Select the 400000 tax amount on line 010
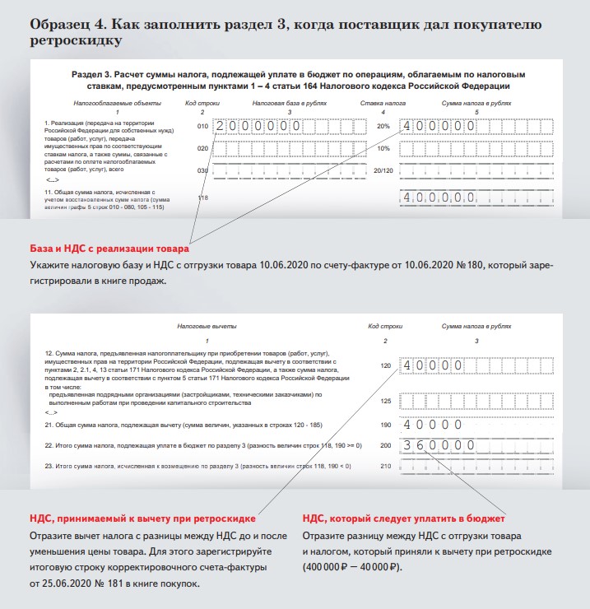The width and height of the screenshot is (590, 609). coord(437,127)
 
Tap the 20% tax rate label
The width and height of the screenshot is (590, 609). coord(382,127)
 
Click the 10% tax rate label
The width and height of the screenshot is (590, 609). coord(382,148)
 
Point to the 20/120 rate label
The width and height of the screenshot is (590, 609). coord(382,170)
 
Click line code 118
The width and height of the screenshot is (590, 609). coord(203,198)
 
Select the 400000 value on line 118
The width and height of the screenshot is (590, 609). coord(437,198)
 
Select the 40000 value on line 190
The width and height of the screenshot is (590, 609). coord(429,425)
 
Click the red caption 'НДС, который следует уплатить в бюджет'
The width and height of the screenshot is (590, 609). coord(403,519)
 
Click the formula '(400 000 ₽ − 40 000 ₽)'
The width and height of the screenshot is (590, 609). coord(352,568)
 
